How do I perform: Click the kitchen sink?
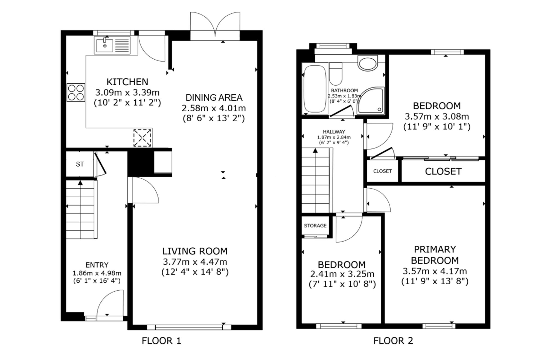(112, 45)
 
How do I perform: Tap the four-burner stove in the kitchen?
(76, 92)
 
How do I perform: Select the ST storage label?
(80, 164)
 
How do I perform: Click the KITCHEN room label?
(127, 82)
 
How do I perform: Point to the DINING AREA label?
(214, 98)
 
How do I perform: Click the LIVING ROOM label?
(195, 251)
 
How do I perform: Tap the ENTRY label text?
(97, 265)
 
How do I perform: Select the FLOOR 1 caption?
(161, 341)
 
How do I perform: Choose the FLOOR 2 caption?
(393, 341)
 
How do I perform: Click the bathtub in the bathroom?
(315, 89)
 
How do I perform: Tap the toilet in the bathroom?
(336, 74)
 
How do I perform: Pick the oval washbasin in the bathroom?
(368, 63)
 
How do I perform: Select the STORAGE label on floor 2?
(315, 226)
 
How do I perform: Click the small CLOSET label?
(382, 171)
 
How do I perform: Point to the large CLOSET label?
(443, 171)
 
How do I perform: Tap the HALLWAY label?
(334, 132)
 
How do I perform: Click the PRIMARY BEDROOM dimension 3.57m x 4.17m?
(435, 271)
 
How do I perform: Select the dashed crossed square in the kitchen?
(142, 138)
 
